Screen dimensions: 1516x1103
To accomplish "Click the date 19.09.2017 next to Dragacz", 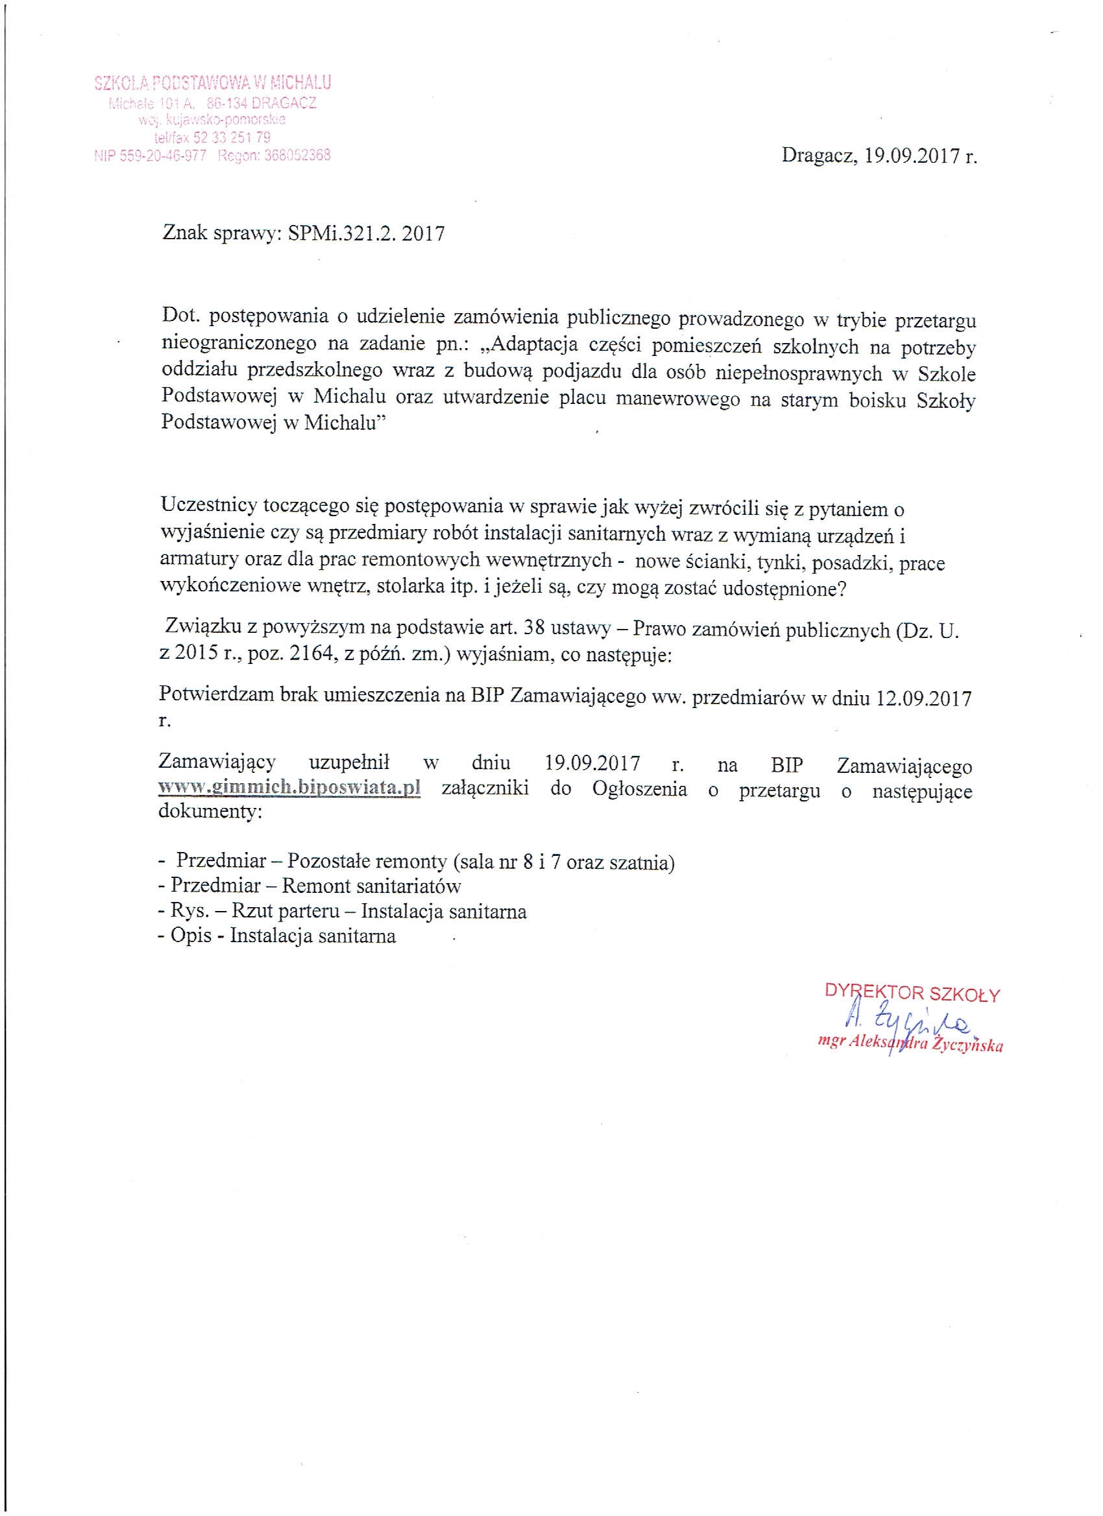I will click(x=912, y=156).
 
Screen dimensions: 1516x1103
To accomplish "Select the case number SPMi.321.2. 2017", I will click(x=366, y=233).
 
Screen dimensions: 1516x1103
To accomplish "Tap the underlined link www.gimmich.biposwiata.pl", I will click(x=289, y=787).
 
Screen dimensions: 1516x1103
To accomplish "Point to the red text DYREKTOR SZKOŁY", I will click(x=912, y=993).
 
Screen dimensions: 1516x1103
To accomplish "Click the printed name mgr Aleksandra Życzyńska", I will click(x=910, y=1044).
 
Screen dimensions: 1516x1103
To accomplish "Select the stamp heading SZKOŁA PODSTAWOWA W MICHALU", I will click(x=213, y=83).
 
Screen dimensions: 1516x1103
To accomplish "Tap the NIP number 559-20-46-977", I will click(x=163, y=156).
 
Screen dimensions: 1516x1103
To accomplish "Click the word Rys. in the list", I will click(x=191, y=911).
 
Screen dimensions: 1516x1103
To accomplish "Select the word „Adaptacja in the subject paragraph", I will click(x=529, y=345).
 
